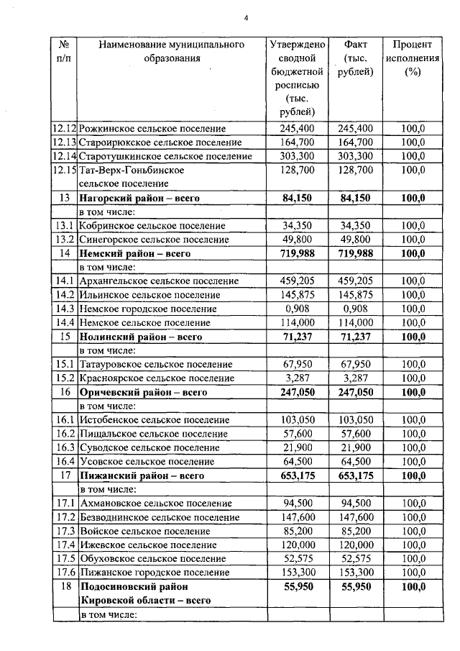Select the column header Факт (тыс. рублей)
[x=355, y=58]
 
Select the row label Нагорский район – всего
[x=139, y=198]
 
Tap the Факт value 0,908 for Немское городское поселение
[x=355, y=309]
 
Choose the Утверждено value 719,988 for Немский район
[x=297, y=253]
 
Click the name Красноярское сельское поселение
[x=157, y=378]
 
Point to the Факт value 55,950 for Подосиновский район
[x=355, y=586]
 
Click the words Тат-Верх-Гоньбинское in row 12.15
[x=132, y=170]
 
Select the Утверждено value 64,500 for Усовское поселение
[x=297, y=461]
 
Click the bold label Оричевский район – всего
[x=143, y=392]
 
